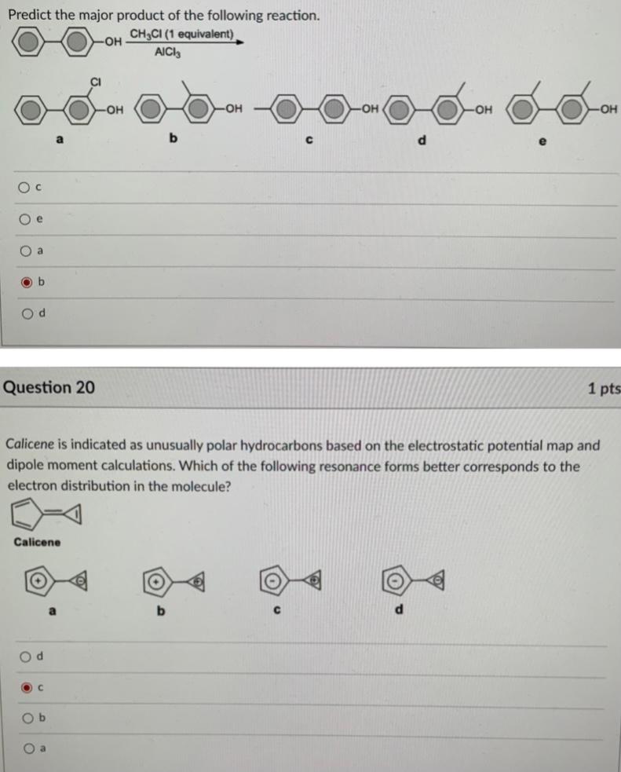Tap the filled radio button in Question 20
pos(26,686)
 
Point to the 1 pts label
pos(603,388)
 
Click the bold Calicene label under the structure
pos(37,542)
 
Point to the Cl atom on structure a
pos(96,79)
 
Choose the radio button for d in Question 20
pos(26,655)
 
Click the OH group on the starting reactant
pos(112,42)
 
